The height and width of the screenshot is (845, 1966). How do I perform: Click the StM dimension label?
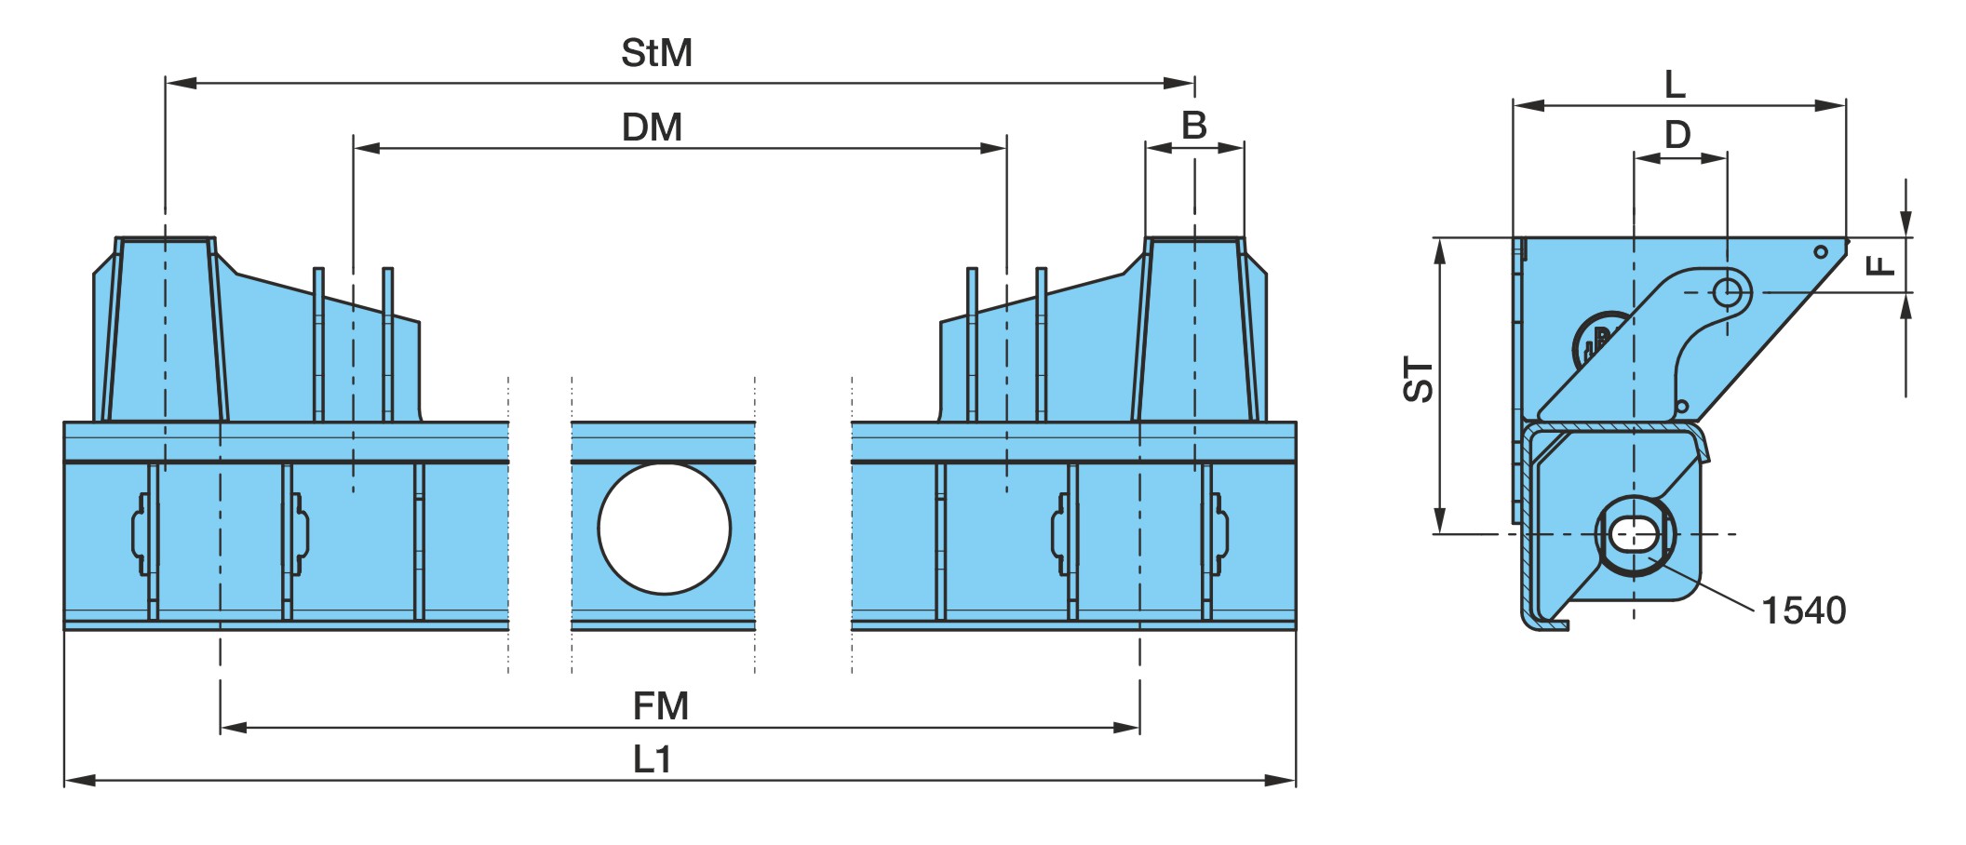tap(656, 53)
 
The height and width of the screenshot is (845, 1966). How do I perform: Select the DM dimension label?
tap(652, 127)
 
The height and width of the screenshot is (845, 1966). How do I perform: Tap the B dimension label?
tap(1193, 125)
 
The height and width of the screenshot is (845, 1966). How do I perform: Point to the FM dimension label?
tap(661, 706)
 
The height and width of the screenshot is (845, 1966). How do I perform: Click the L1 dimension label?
tap(653, 760)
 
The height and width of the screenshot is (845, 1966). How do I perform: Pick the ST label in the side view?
tap(1419, 380)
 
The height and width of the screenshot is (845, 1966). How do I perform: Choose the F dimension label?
tap(1881, 266)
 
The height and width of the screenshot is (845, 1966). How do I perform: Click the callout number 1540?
tap(1804, 610)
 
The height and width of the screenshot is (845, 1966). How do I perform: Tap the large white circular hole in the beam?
tap(665, 529)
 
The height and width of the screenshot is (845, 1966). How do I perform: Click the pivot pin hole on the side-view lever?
tap(1728, 292)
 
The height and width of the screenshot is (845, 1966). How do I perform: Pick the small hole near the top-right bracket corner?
tap(1821, 252)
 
